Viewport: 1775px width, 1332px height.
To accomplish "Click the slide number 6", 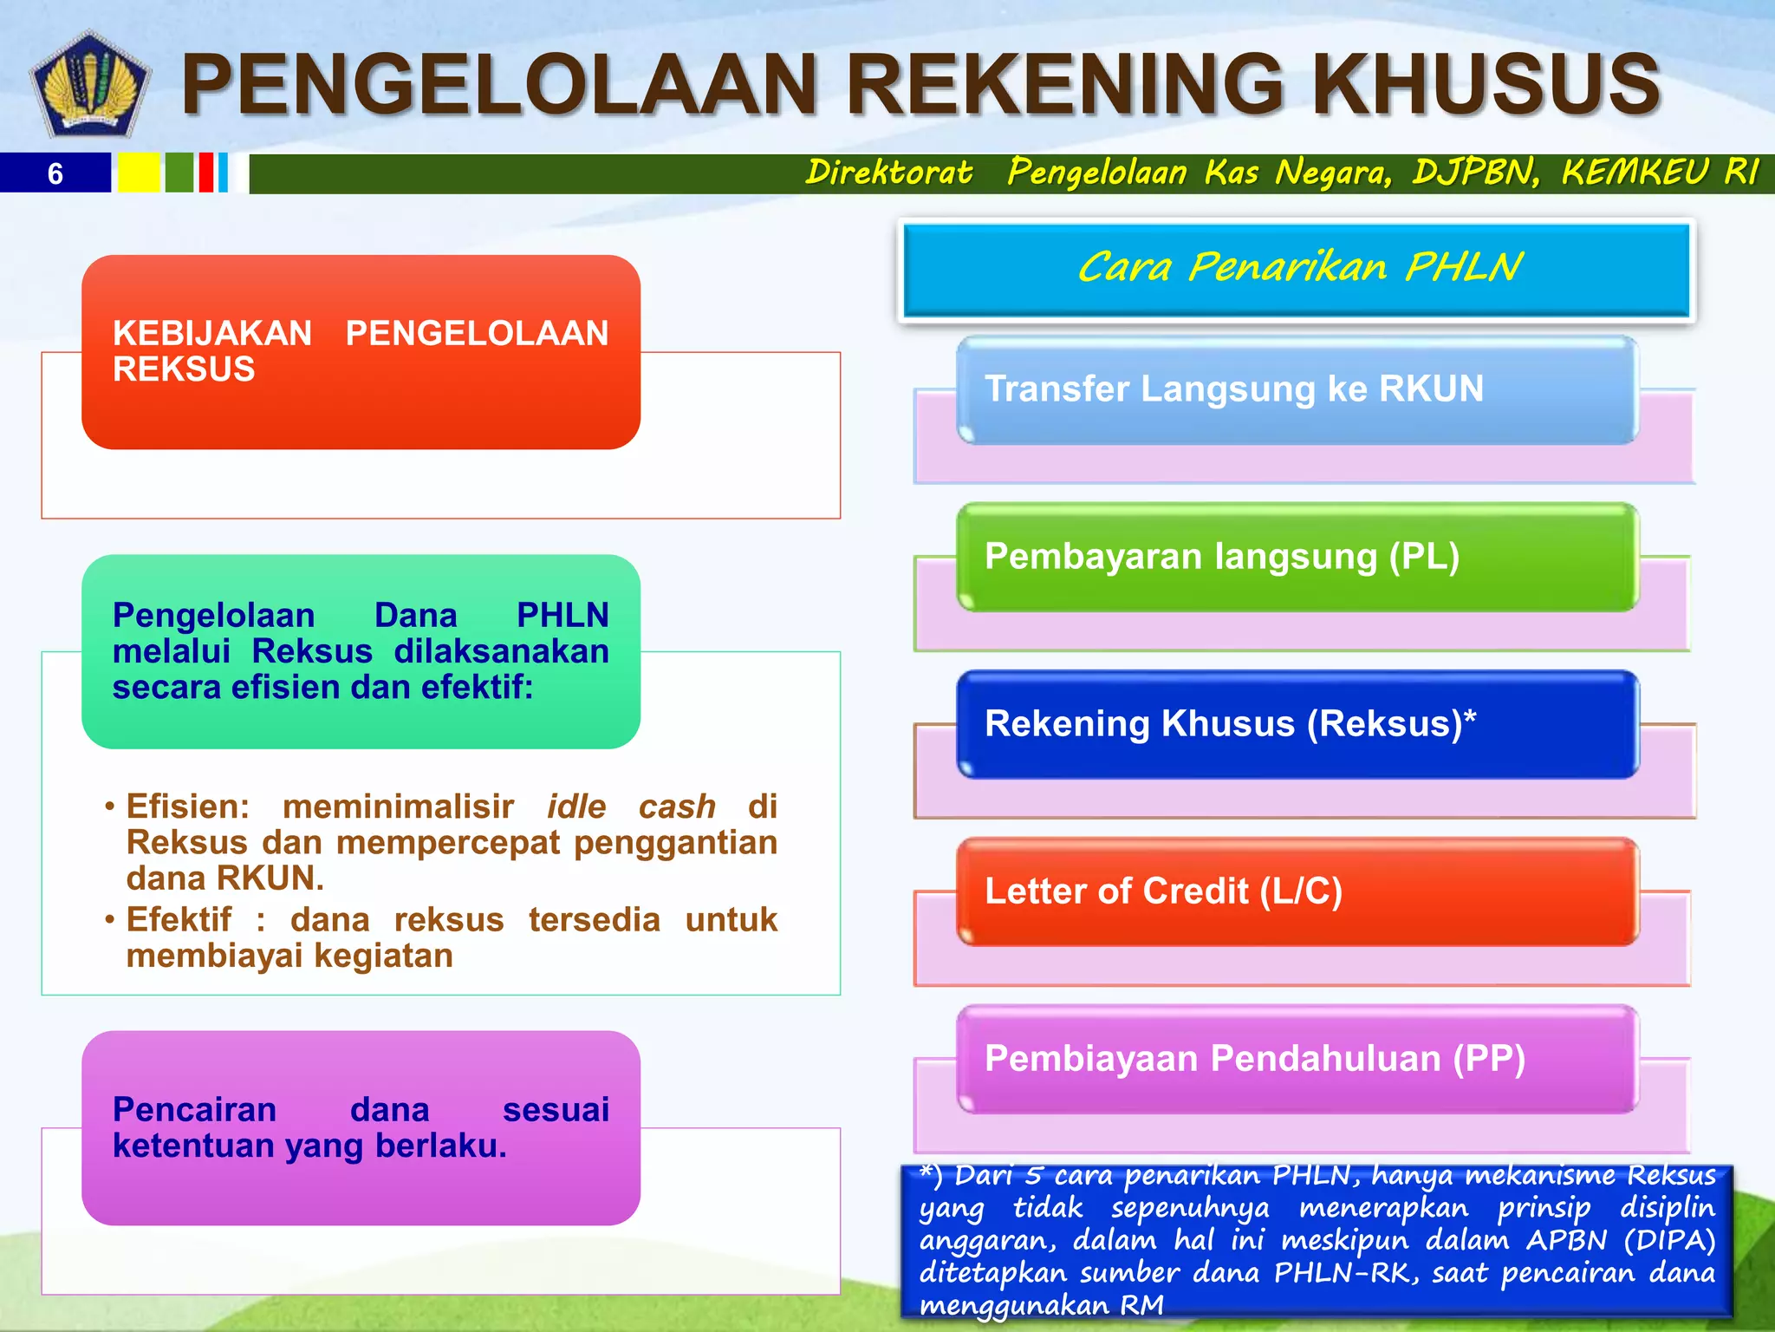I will pos(55,173).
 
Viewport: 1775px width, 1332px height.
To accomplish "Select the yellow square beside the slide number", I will pos(139,173).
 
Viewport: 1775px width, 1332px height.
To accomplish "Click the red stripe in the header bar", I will pos(205,173).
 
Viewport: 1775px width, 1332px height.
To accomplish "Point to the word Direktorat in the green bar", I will pos(888,172).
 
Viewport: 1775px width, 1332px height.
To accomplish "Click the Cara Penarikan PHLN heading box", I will pos(1297,269).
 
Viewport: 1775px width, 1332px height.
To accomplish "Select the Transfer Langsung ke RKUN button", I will pos(1297,390).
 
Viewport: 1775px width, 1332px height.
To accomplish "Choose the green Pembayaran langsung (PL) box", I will pos(1297,558).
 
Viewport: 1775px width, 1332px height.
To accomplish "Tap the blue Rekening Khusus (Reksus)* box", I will pos(1297,725).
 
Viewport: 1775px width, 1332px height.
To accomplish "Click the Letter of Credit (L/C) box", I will pos(1297,892).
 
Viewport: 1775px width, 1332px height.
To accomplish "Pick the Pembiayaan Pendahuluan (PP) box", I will pos(1297,1060).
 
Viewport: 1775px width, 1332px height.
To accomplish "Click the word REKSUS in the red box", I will pos(184,370).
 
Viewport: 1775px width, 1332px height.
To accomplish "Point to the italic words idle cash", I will pos(631,806).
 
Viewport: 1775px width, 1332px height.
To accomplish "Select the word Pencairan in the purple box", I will pos(194,1110).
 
